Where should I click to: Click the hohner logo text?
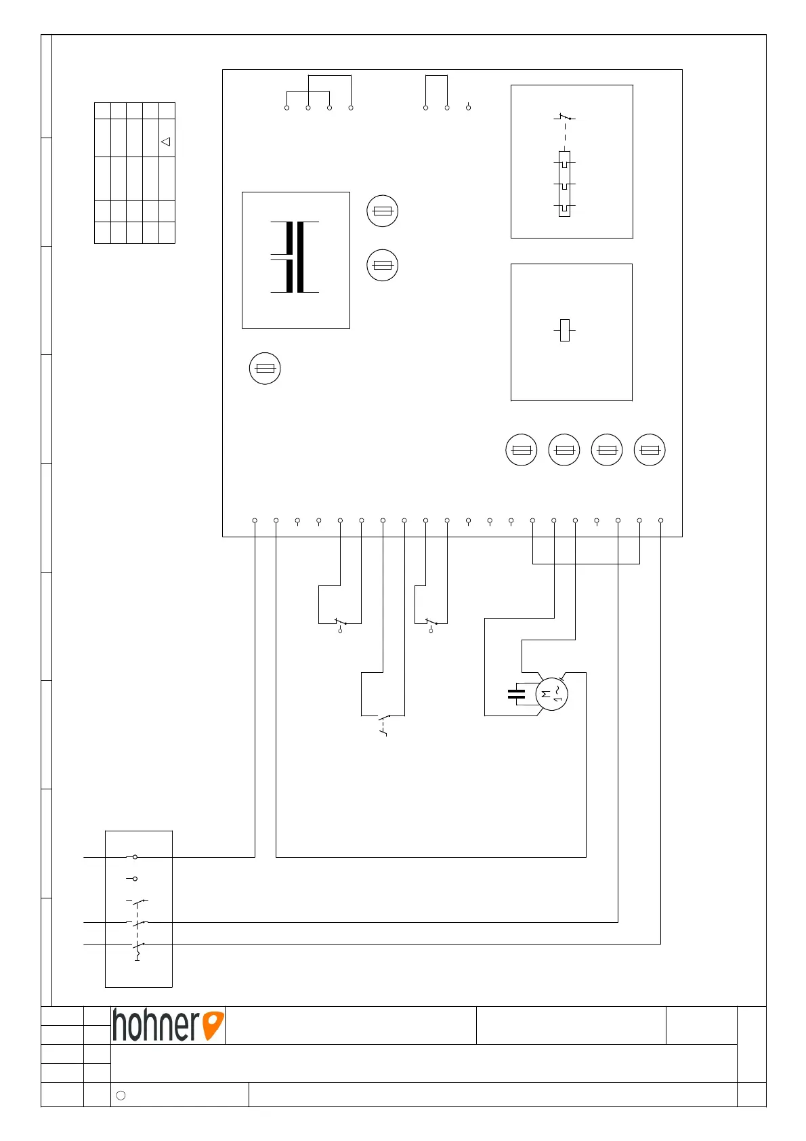[156, 1025]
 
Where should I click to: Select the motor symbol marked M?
[551, 694]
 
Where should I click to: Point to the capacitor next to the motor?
[516, 694]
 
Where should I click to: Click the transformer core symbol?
[295, 257]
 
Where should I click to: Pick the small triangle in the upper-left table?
[165, 142]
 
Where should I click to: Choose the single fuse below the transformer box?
[265, 368]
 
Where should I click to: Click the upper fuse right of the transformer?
[382, 211]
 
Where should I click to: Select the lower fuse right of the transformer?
[382, 265]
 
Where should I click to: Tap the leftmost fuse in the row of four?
[522, 450]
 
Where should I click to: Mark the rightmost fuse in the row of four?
[650, 450]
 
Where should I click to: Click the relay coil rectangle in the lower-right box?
[565, 330]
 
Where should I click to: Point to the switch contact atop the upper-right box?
[564, 119]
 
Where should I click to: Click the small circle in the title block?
[121, 1095]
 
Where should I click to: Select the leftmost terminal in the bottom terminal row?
[255, 520]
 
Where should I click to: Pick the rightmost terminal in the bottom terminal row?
[661, 520]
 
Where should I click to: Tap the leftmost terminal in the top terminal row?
[287, 108]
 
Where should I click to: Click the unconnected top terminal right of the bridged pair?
[468, 108]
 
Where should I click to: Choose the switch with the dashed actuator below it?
[384, 718]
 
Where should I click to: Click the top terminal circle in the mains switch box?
[135, 857]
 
